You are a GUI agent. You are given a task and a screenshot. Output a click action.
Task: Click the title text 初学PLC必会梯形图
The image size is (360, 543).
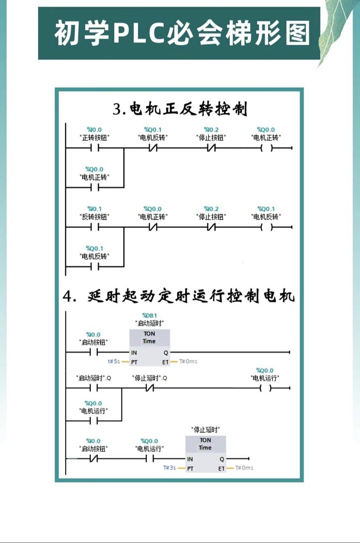point(182,34)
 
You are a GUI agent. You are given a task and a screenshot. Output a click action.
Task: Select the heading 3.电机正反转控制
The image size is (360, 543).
point(180,109)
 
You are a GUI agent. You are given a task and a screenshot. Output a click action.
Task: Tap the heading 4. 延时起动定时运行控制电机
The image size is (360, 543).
point(179,296)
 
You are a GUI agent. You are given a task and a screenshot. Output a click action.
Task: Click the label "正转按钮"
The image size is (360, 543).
point(94,137)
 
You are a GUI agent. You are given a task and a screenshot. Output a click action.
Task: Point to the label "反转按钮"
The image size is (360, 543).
point(94,217)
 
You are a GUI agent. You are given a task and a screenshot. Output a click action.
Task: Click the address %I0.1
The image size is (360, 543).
point(94,209)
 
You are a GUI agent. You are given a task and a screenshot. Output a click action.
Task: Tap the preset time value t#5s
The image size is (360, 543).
point(114,361)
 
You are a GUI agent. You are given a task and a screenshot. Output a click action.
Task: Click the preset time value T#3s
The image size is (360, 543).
point(170,468)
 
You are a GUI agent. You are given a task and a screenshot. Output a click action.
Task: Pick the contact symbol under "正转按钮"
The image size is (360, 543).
point(95,148)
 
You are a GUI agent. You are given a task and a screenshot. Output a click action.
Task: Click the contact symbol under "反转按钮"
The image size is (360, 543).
point(95,227)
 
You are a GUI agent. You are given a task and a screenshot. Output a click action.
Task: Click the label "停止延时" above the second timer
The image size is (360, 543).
point(205,429)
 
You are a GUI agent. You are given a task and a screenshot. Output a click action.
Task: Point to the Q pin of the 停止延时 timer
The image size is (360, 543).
point(222,459)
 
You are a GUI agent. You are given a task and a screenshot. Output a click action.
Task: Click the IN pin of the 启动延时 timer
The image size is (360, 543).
point(134,353)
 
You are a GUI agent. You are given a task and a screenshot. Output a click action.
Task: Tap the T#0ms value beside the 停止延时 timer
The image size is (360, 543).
point(244,468)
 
